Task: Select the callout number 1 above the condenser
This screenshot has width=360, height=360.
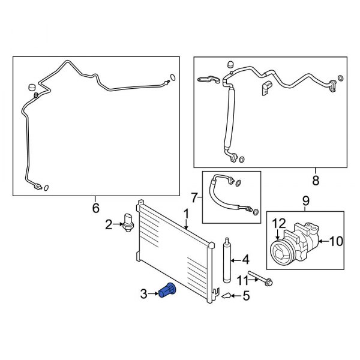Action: (186, 214)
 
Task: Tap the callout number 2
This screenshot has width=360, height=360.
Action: (109, 225)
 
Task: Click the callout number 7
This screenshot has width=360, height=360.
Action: (194, 197)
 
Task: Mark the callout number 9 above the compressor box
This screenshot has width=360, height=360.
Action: (306, 200)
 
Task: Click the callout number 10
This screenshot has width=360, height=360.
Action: (336, 241)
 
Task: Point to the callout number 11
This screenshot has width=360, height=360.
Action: (241, 280)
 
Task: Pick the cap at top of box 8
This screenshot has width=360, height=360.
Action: (230, 64)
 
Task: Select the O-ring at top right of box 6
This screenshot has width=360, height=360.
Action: (173, 77)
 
